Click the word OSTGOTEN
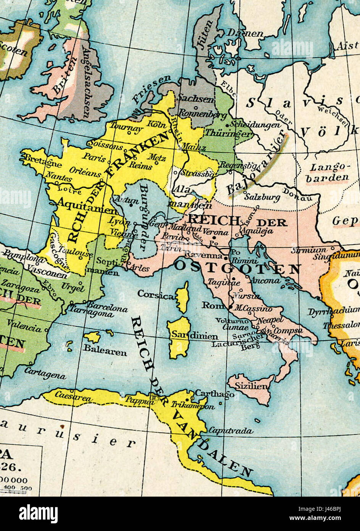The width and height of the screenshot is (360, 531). tap(237, 267)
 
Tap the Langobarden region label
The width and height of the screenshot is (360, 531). tap(329, 172)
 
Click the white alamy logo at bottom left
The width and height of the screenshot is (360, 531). tap(38, 513)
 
